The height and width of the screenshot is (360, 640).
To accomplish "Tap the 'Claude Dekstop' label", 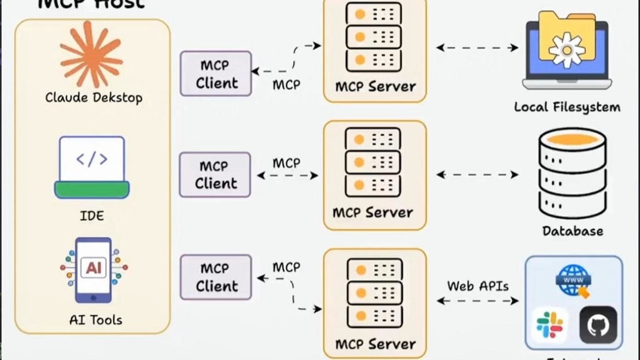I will (x=94, y=98).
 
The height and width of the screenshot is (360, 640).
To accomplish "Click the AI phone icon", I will (x=94, y=270).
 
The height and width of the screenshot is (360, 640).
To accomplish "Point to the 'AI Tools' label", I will (x=96, y=320).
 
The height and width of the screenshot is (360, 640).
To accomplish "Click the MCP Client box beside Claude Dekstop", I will (x=216, y=73).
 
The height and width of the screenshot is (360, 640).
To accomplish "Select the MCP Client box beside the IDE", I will (x=215, y=175).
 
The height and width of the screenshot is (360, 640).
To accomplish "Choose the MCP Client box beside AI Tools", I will (x=216, y=277).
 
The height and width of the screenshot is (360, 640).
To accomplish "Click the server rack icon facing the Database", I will (x=373, y=162).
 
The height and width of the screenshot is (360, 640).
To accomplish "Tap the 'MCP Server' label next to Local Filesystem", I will (x=375, y=87).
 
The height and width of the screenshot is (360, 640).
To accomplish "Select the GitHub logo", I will (x=598, y=325).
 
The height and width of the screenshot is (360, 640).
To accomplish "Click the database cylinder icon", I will (x=573, y=173).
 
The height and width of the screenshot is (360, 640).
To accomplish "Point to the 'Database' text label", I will (x=573, y=231).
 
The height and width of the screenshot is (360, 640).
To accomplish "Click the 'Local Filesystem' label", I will (x=567, y=107).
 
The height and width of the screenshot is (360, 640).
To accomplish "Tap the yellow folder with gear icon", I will (x=567, y=44).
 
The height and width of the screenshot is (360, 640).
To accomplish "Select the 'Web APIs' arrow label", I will (x=478, y=285).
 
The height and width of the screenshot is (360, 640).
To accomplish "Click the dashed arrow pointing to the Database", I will (x=477, y=175).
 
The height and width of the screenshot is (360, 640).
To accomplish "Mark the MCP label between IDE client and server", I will (x=287, y=163).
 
